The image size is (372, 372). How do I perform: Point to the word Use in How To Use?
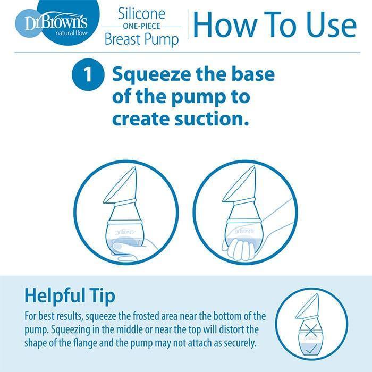pos(325,25)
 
